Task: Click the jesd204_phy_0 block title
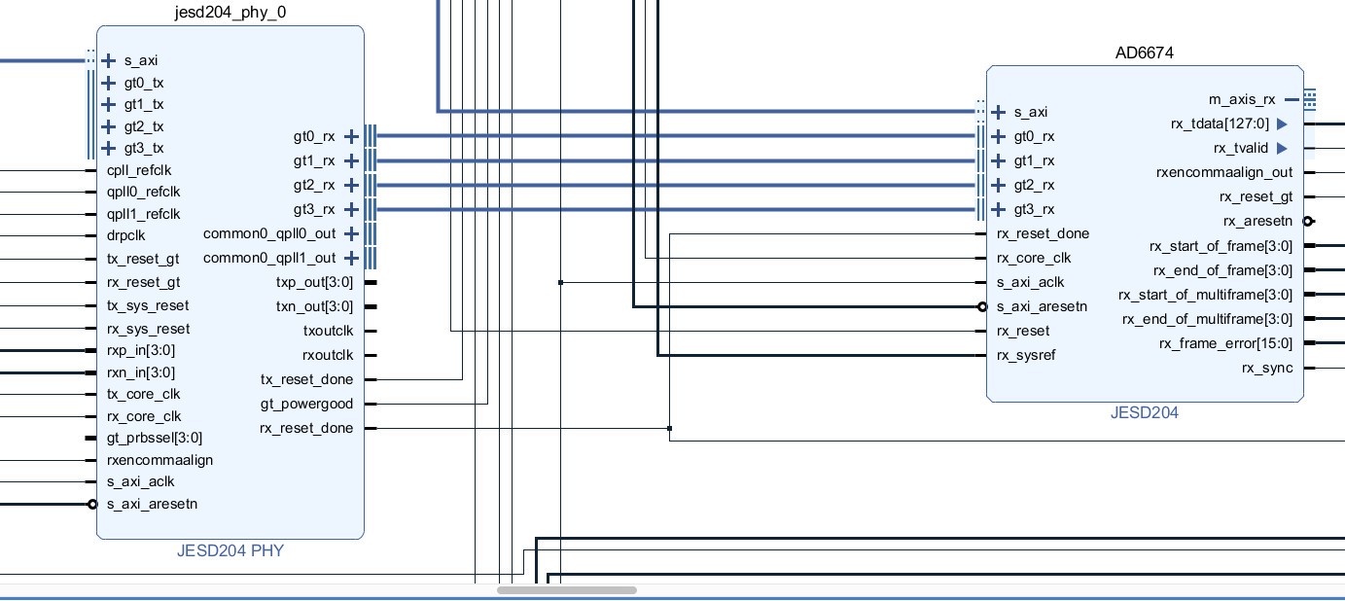(230, 13)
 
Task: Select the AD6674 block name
(1144, 53)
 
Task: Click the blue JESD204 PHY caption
(230, 550)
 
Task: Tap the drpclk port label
(126, 235)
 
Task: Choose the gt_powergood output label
(306, 404)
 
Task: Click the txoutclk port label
(328, 331)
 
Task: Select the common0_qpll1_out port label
(269, 258)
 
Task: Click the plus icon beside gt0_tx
(109, 83)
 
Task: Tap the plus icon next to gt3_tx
(109, 148)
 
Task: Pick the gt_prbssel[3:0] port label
(155, 438)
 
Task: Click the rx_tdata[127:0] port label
(1220, 124)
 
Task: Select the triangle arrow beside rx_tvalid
(1282, 148)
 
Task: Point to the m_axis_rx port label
(1242, 99)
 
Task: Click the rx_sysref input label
(1026, 355)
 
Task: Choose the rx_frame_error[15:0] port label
(1225, 343)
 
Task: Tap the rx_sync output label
(1267, 368)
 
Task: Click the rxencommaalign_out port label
(1224, 172)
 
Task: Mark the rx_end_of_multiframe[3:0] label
(1207, 319)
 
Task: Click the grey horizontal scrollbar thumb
(567, 590)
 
